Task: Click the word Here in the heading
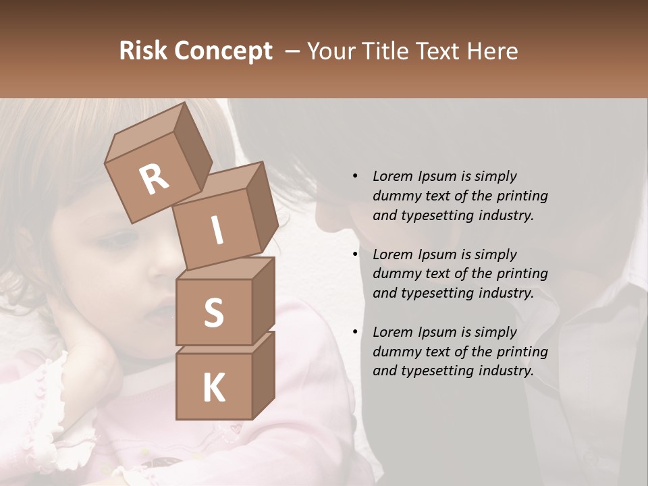(495, 51)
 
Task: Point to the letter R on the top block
(155, 178)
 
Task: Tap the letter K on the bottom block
(213, 388)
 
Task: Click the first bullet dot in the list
(355, 176)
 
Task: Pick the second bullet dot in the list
(355, 254)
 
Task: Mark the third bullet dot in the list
(355, 332)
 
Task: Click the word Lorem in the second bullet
(392, 254)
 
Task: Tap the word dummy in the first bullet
(394, 196)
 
